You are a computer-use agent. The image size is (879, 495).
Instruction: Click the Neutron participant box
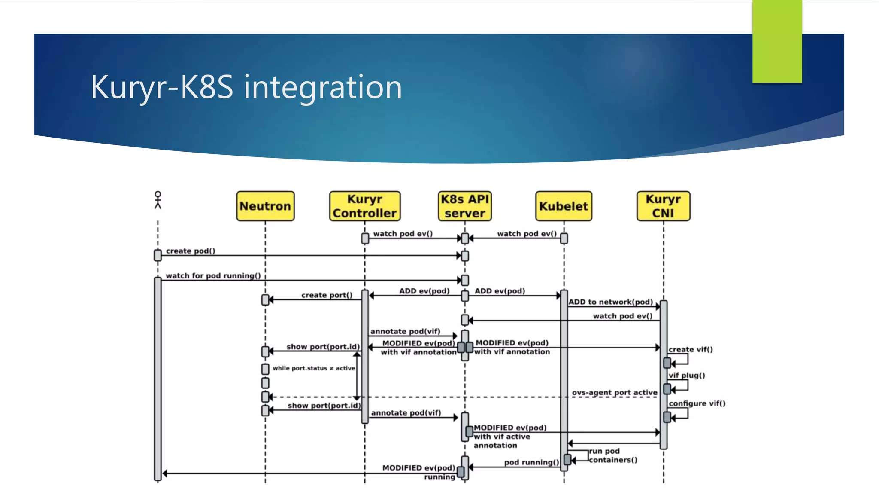tap(265, 206)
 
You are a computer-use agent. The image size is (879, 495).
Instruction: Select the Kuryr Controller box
tap(365, 206)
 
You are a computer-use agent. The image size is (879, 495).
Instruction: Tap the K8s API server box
tap(465, 206)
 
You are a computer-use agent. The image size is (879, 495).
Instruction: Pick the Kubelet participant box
tap(564, 206)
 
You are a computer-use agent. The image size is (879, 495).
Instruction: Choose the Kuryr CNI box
tap(663, 206)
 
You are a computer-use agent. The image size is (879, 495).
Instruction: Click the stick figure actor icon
tap(158, 200)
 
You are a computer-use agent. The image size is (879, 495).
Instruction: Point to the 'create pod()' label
tap(191, 251)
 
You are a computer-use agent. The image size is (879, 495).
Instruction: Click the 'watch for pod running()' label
tap(213, 275)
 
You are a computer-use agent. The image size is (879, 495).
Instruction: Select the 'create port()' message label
tap(327, 295)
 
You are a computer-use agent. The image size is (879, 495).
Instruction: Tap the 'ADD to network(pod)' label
tap(611, 302)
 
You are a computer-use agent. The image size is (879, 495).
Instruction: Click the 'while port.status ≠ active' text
tap(314, 368)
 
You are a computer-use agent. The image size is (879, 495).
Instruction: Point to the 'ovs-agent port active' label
tap(614, 392)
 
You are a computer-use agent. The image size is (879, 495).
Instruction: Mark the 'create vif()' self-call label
tap(691, 349)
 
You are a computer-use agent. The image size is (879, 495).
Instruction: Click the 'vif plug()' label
tap(687, 375)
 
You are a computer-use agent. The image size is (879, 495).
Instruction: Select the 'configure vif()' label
tap(697, 403)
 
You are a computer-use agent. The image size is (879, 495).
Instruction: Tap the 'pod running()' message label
tap(531, 462)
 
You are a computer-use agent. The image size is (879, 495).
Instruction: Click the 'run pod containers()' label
tap(612, 455)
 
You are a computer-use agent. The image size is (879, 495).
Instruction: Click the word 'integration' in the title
tap(323, 87)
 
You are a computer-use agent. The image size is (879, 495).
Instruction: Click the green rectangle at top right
tap(777, 41)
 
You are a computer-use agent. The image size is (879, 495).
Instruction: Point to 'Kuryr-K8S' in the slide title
tap(162, 87)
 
